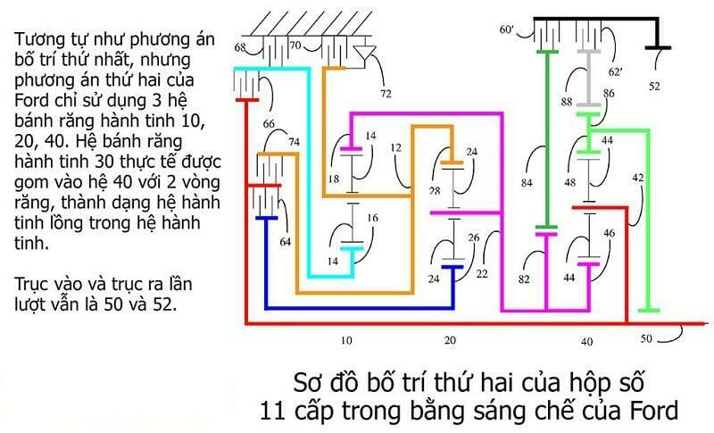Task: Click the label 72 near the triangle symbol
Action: coord(386,94)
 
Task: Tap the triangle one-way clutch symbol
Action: coord(365,53)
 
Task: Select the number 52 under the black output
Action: coord(654,86)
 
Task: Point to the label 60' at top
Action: coord(506,29)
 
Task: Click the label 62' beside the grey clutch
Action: coord(615,72)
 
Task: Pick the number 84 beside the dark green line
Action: coord(527,183)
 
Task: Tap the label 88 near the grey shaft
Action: coord(567,102)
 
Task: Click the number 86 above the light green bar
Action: coord(609,94)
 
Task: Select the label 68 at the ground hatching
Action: coord(240,47)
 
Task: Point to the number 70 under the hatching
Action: coord(295,45)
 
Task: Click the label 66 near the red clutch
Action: coord(269,123)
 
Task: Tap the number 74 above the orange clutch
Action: coord(295,142)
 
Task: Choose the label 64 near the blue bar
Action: coord(285,242)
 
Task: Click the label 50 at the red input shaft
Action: coord(646,338)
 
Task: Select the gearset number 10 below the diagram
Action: coord(346,340)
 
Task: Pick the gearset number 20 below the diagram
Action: coord(450,340)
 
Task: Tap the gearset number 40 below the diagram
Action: coord(587,341)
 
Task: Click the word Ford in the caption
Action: coord(654,411)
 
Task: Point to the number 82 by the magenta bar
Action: coord(524,279)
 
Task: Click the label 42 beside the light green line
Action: coord(638,177)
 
